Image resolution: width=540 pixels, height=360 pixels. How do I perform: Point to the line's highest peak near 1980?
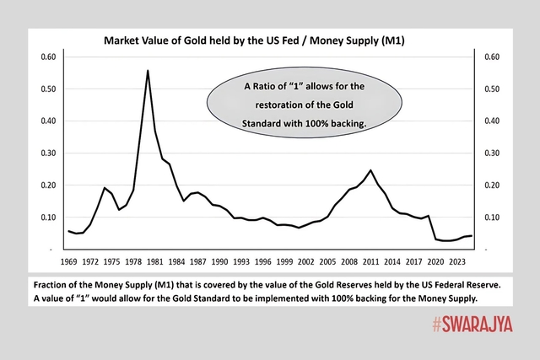coord(148,71)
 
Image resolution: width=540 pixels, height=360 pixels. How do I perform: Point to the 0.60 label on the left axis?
coord(48,56)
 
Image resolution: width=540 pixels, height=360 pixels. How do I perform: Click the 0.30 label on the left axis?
coord(48,153)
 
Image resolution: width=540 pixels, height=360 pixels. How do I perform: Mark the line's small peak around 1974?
coord(104,188)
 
